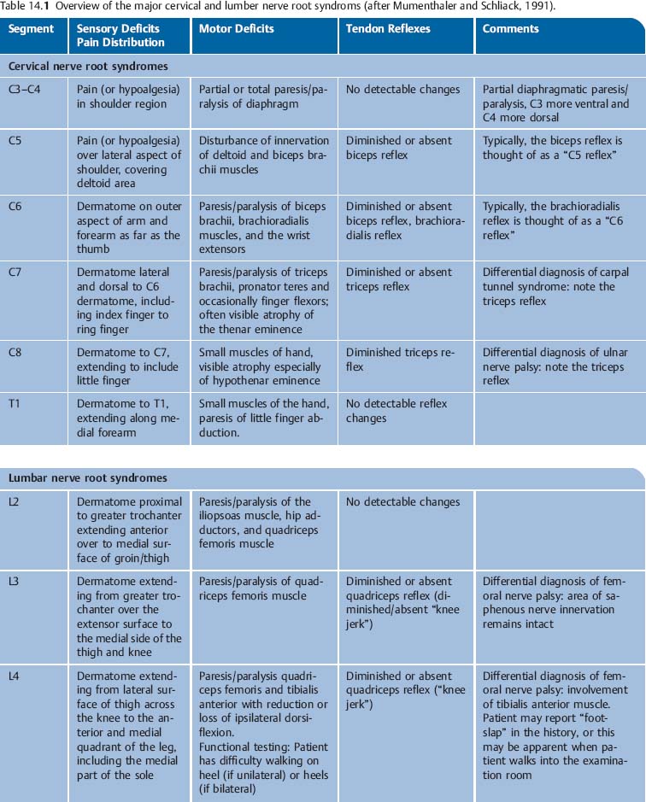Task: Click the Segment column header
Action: coord(31,29)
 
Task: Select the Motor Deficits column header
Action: coord(237,29)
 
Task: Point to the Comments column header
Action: coord(510,29)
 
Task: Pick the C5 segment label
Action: coord(16,141)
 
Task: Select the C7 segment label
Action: coord(16,272)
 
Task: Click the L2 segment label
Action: coord(15,502)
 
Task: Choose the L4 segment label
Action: coord(15,676)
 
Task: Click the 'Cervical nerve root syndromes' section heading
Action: coord(88,66)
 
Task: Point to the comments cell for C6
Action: coord(551,220)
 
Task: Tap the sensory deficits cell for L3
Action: coord(129,617)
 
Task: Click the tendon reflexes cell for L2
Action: coord(402,502)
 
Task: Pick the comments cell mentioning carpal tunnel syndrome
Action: coord(555,286)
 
